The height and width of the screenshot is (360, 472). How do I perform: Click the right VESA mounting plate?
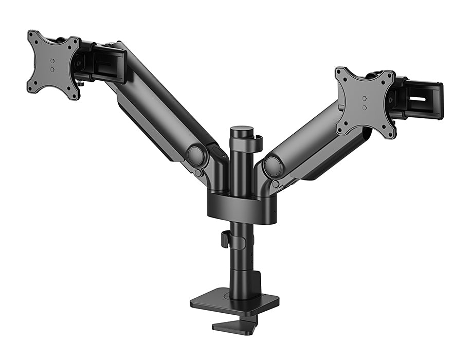[365, 102]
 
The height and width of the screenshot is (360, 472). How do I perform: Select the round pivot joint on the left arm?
[196, 155]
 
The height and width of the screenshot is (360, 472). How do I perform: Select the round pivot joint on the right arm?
[273, 167]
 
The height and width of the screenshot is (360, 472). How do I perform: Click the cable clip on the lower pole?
[225, 239]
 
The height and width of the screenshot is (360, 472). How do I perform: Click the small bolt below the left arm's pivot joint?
[198, 173]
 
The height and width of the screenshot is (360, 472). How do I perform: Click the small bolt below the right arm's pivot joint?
[276, 184]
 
